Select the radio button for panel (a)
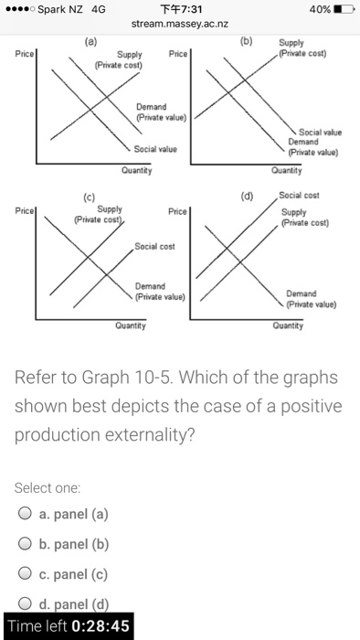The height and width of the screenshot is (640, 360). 26,514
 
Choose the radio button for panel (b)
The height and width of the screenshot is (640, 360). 26,545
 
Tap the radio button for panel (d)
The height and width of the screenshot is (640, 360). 26,607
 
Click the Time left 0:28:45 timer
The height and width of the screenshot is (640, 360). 69,626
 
